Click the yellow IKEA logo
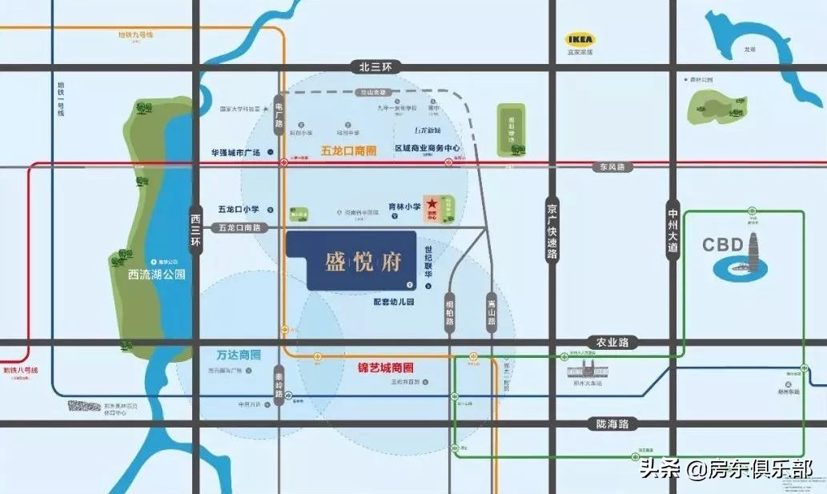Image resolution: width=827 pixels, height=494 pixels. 580,38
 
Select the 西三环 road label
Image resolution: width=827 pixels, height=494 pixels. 195,228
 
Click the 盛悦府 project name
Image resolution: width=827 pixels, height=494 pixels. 362,261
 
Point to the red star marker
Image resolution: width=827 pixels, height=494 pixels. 432,205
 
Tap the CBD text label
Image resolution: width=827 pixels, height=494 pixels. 723,244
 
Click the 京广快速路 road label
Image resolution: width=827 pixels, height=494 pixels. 552,228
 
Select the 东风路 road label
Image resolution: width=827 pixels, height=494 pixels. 611,167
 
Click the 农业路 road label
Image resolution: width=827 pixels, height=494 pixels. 608,341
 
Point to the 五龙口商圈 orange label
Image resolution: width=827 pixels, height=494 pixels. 348,150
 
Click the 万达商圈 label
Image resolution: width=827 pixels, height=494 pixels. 239,353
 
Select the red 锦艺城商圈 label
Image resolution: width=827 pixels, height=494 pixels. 385,367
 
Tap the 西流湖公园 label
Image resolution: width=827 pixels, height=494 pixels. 157,274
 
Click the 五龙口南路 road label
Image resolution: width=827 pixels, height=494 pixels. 244,228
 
